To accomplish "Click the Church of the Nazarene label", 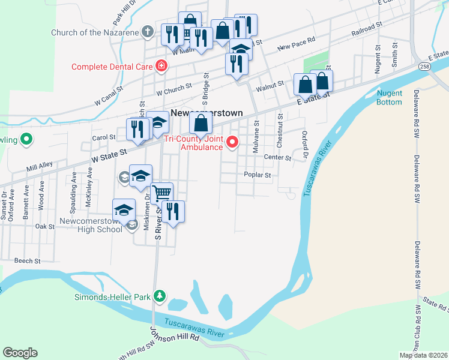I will [x=97, y=32].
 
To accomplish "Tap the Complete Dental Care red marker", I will [x=161, y=66].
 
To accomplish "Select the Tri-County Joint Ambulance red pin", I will [x=232, y=143].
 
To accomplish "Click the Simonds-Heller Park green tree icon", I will [x=159, y=296].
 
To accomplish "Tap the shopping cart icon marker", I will [x=161, y=193].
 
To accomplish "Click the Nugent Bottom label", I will [x=390, y=97].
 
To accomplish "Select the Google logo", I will [x=20, y=353].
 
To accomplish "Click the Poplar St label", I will [x=258, y=175].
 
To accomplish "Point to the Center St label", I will [x=277, y=158].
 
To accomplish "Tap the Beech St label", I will [x=27, y=261].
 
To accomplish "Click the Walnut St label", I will [x=269, y=87].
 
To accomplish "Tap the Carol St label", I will [x=103, y=137].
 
